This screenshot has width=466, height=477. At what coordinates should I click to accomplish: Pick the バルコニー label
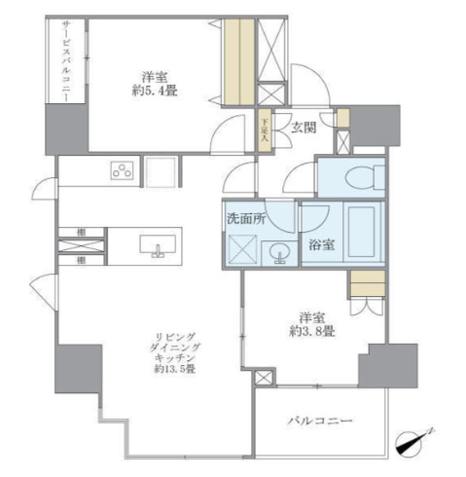coord(320,422)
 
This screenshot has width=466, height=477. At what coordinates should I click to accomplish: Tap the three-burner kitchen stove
coord(124,172)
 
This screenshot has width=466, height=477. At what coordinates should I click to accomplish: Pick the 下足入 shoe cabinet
coord(262,130)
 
